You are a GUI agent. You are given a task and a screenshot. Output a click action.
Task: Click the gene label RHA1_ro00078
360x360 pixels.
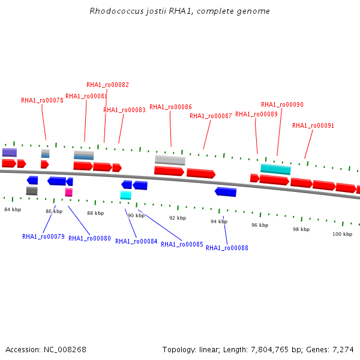click(42, 101)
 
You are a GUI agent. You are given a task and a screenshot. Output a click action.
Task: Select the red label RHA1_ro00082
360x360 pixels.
click(107, 85)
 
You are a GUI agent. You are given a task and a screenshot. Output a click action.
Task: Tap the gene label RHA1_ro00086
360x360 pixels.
click(170, 107)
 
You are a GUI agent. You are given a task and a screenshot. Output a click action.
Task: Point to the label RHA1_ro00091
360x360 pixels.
click(313, 126)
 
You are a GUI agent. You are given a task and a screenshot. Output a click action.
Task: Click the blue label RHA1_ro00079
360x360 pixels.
click(43, 236)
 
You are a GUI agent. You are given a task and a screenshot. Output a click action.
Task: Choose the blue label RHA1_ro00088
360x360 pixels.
click(227, 248)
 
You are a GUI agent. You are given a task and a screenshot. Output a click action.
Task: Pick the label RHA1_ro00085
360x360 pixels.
click(182, 244)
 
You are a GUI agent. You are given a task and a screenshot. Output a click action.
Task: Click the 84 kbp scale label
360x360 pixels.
click(13, 209)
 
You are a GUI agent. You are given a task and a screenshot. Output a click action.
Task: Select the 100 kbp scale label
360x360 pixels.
click(342, 234)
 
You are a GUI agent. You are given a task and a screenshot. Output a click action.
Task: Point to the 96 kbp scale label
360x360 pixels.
click(260, 225)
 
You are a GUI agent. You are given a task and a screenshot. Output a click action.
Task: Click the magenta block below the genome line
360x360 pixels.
click(69, 193)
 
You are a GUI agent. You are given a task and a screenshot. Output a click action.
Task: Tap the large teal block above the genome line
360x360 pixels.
click(275, 169)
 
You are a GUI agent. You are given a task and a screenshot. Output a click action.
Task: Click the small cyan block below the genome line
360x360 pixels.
click(125, 195)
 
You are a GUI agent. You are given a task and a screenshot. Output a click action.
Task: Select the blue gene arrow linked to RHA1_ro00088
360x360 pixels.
click(226, 192)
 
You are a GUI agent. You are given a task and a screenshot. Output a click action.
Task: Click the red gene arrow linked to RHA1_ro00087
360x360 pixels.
click(200, 173)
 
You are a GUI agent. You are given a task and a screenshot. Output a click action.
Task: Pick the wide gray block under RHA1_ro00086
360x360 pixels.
click(170, 160)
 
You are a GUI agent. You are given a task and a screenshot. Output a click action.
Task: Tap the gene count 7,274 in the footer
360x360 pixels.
click(342, 349)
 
